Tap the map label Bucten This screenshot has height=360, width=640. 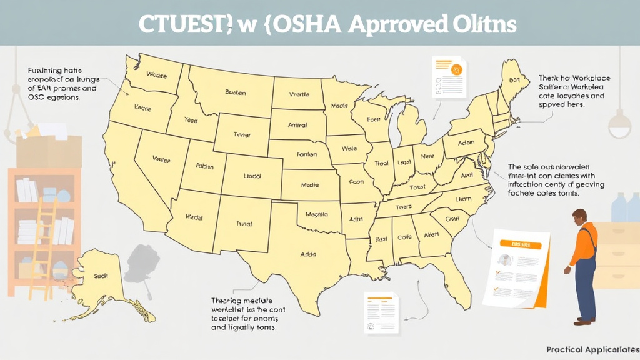click(x=236, y=92)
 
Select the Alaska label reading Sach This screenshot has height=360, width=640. click(x=101, y=275)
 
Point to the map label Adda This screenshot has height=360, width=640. click(x=309, y=254)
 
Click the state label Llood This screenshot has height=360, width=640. click(x=253, y=177)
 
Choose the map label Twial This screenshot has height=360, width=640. click(x=244, y=223)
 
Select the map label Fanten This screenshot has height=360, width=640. click(x=307, y=154)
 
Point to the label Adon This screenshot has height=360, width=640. click(x=466, y=142)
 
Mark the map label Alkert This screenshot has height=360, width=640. click(x=431, y=235)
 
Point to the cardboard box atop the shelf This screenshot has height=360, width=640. click(x=49, y=151)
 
